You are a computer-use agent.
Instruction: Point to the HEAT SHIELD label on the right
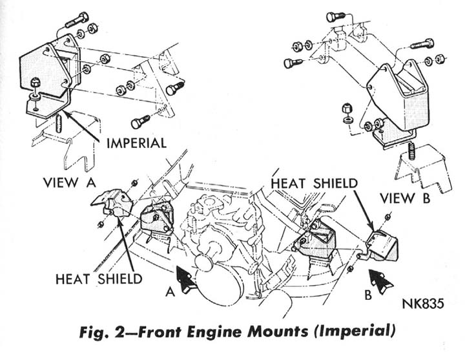tap(314, 183)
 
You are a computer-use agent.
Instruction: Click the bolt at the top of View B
tap(333, 17)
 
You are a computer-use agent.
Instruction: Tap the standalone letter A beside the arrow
tap(170, 291)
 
